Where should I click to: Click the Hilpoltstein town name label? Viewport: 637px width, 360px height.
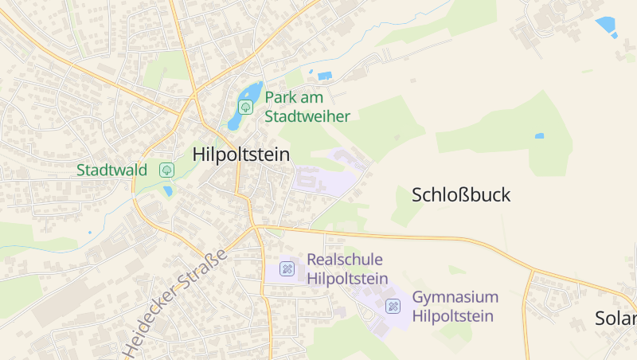tap(240, 155)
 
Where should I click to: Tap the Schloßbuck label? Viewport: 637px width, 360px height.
tap(461, 195)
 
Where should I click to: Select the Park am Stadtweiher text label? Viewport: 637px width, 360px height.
tap(307, 107)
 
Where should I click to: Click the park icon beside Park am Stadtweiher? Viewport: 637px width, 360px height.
tap(246, 106)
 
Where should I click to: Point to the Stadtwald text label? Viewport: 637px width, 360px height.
tap(111, 170)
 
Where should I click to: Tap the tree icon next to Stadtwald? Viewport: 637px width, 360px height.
tap(166, 170)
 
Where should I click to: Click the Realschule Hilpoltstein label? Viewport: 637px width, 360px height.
tap(347, 269)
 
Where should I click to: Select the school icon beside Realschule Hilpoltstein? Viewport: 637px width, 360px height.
tap(287, 269)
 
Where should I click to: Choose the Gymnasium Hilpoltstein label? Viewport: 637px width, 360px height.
tap(455, 307)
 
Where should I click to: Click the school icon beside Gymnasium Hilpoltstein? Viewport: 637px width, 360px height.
tap(393, 306)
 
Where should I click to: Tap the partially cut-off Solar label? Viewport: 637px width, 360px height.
tap(616, 319)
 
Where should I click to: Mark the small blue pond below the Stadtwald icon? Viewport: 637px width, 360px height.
tap(168, 191)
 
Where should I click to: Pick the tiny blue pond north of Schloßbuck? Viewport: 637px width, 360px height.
tap(539, 136)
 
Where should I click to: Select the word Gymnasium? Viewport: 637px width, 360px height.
tap(455, 297)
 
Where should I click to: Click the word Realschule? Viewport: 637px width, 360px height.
tap(345, 260)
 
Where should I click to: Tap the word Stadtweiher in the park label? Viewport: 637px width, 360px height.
tap(307, 116)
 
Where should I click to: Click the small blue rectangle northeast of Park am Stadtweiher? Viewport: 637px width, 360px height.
tap(324, 76)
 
